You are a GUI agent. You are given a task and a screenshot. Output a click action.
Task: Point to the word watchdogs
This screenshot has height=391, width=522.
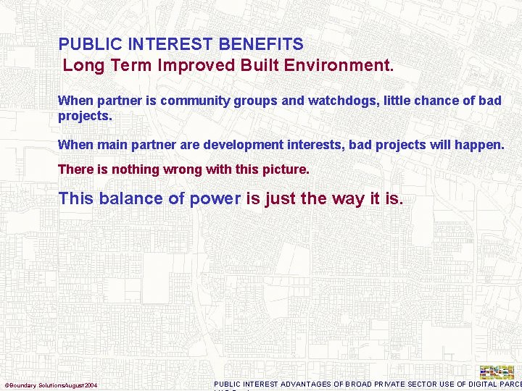(340, 101)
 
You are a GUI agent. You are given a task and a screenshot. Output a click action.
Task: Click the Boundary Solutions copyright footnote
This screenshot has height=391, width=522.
(51, 384)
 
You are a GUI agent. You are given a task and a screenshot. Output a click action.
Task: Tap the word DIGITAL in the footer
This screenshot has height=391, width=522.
(489, 384)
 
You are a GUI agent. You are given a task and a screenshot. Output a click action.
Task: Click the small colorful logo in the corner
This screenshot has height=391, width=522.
(497, 371)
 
